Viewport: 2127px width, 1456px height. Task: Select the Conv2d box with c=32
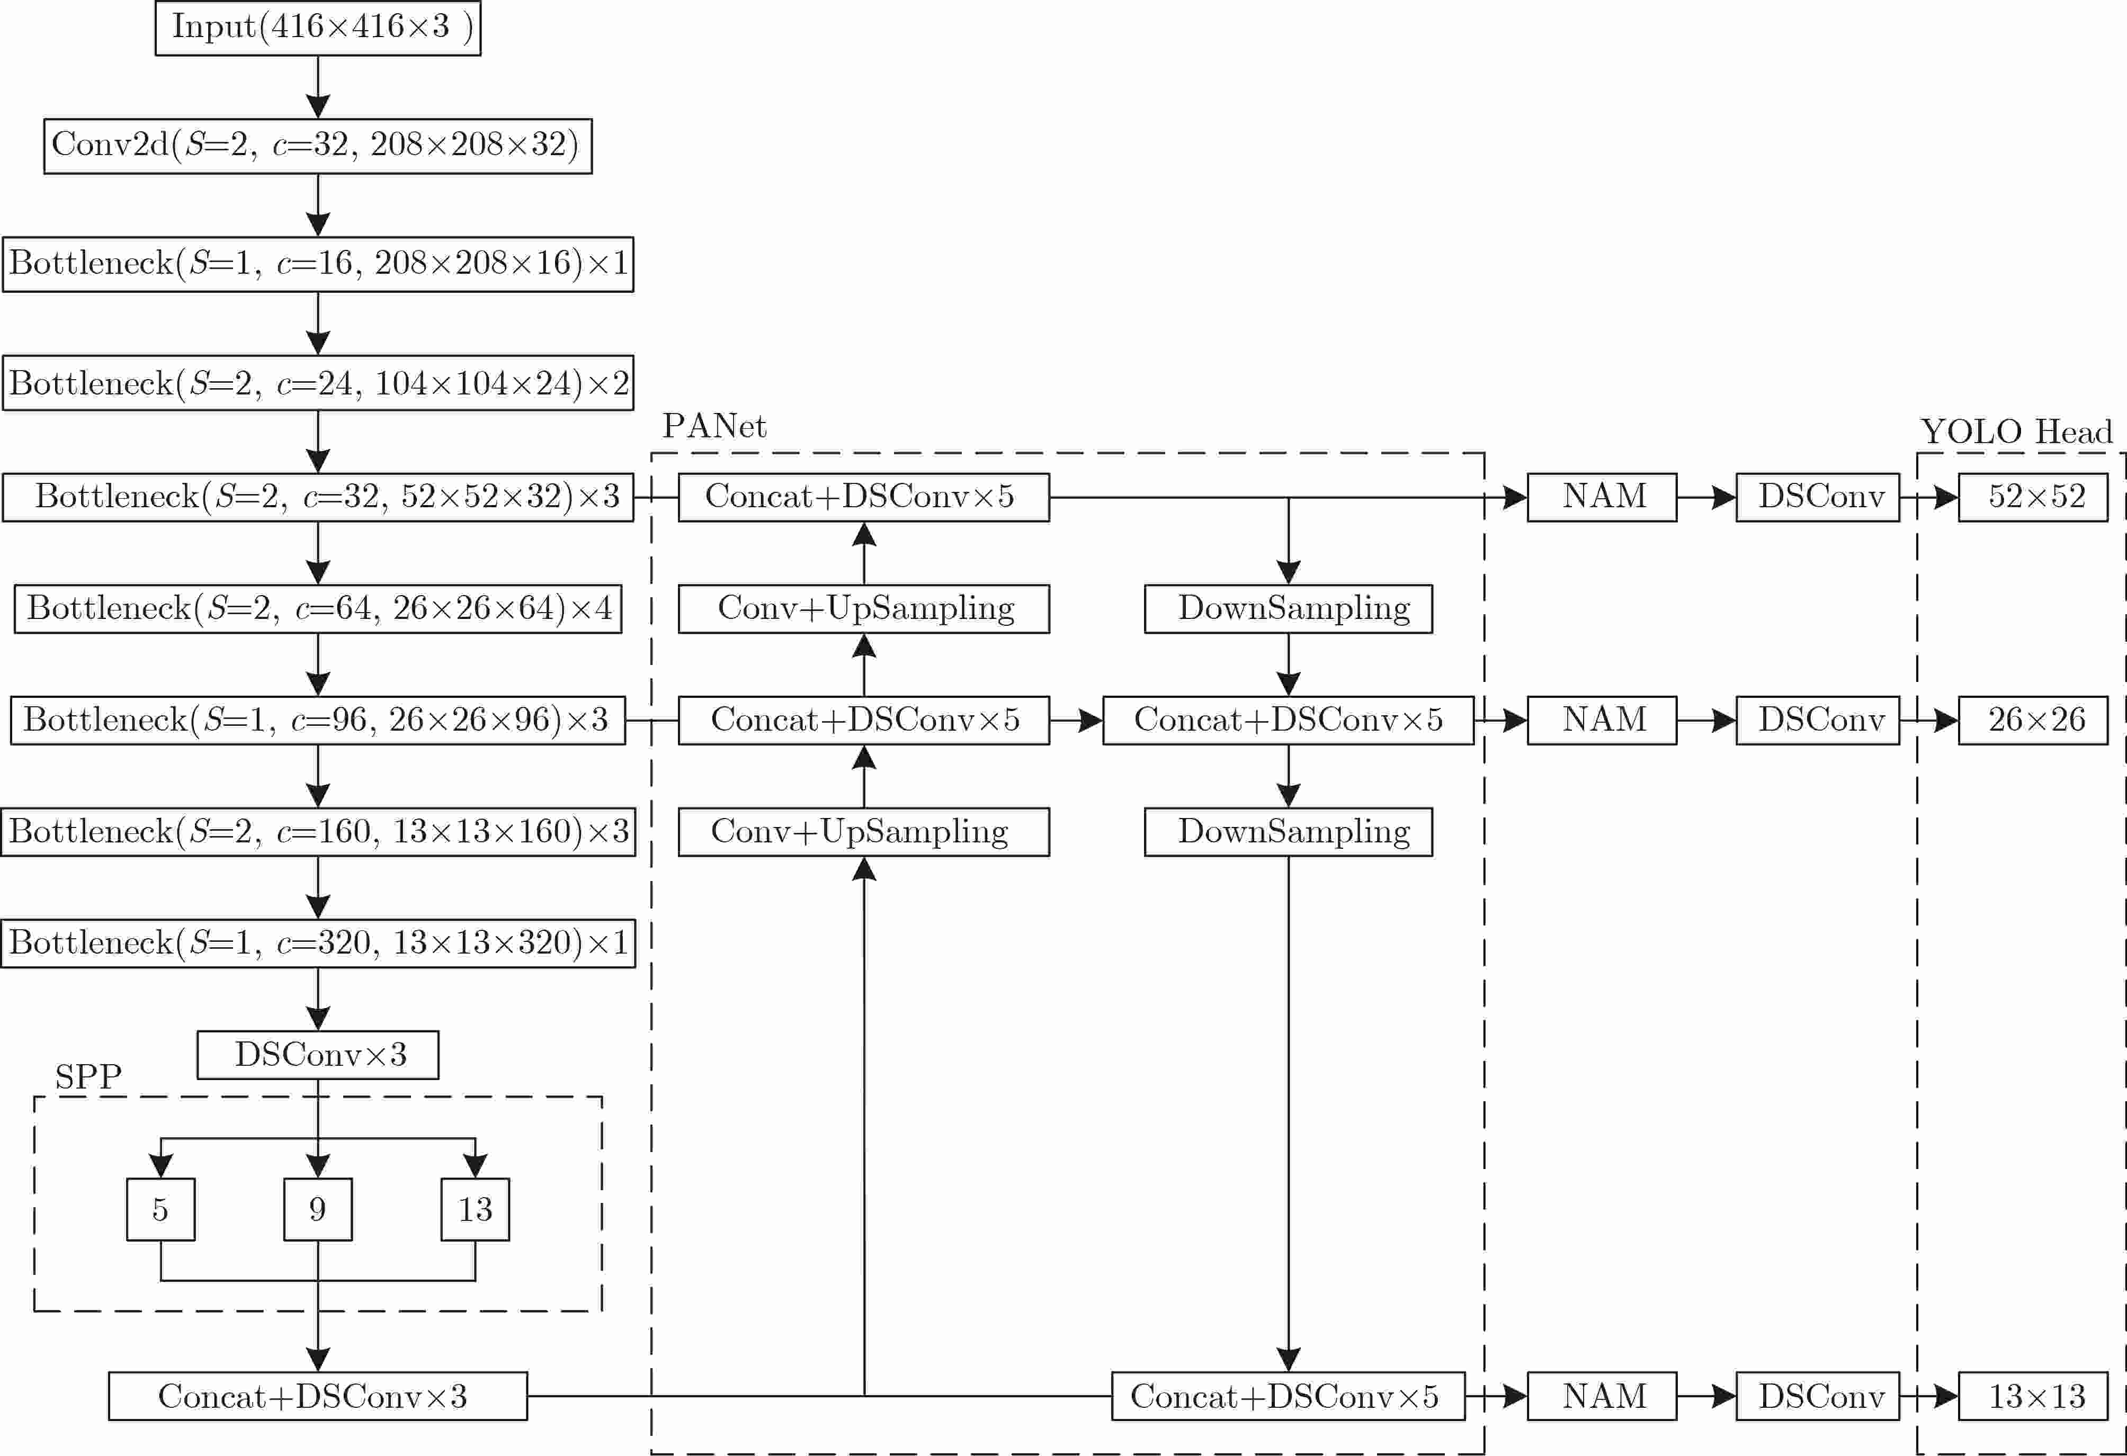[x=318, y=146]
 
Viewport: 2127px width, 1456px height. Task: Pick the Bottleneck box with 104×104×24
[x=318, y=383]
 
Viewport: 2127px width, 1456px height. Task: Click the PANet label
[x=714, y=426]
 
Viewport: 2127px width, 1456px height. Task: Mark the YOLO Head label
[x=2016, y=431]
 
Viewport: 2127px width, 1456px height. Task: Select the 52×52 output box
[x=2034, y=497]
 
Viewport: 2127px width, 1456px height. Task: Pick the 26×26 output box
[x=2034, y=720]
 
